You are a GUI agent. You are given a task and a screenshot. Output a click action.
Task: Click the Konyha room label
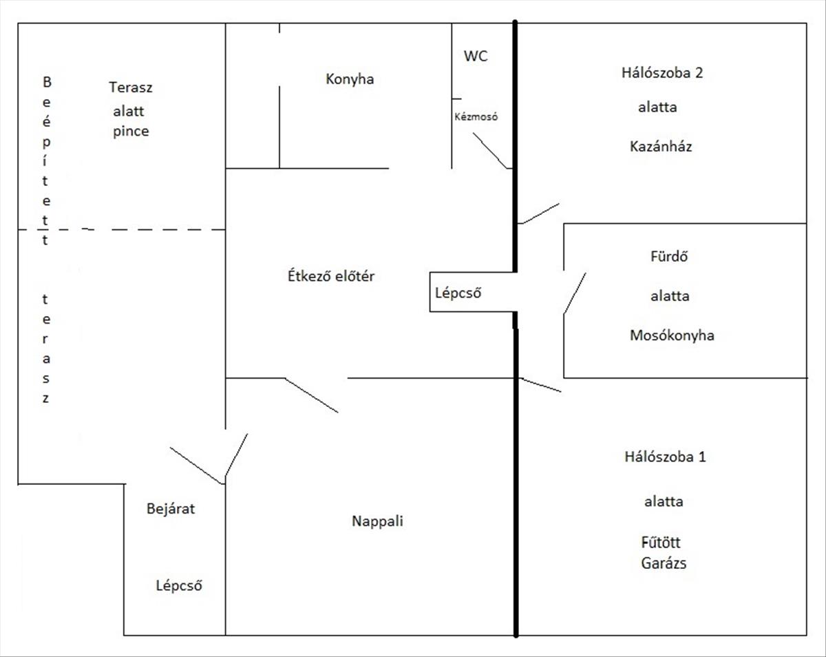[x=350, y=79]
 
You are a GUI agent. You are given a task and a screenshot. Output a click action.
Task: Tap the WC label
[x=476, y=56]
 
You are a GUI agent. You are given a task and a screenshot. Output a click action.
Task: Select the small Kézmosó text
[x=476, y=117]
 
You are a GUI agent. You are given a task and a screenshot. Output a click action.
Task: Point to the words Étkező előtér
[x=330, y=277]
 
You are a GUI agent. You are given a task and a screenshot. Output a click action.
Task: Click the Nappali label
[x=377, y=521]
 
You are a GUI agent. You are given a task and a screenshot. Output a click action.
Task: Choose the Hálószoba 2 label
[x=661, y=73]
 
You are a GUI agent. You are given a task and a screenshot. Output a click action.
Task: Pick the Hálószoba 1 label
[x=665, y=457]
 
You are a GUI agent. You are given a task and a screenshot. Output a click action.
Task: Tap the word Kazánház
[x=661, y=147]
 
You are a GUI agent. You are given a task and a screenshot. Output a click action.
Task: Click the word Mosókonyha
[x=672, y=335]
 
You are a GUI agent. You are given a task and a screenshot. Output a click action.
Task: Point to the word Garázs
[x=664, y=563]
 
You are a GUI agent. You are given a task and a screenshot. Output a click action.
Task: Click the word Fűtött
[x=660, y=543]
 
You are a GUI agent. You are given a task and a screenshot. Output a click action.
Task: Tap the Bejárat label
[x=171, y=509]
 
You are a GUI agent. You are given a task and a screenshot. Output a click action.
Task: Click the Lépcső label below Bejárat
[x=179, y=586]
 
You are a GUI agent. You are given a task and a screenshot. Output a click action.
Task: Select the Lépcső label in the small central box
[x=458, y=293]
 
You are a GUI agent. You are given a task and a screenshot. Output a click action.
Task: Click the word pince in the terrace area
[x=131, y=131]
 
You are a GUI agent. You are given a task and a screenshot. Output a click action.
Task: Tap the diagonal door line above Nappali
[x=311, y=395]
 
